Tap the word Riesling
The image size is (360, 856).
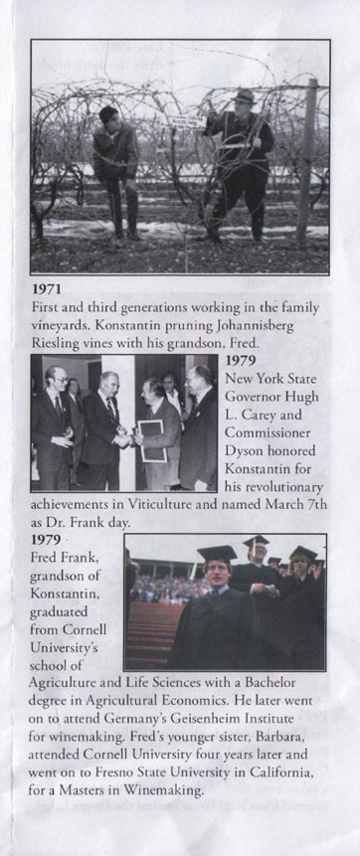click(x=57, y=352)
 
